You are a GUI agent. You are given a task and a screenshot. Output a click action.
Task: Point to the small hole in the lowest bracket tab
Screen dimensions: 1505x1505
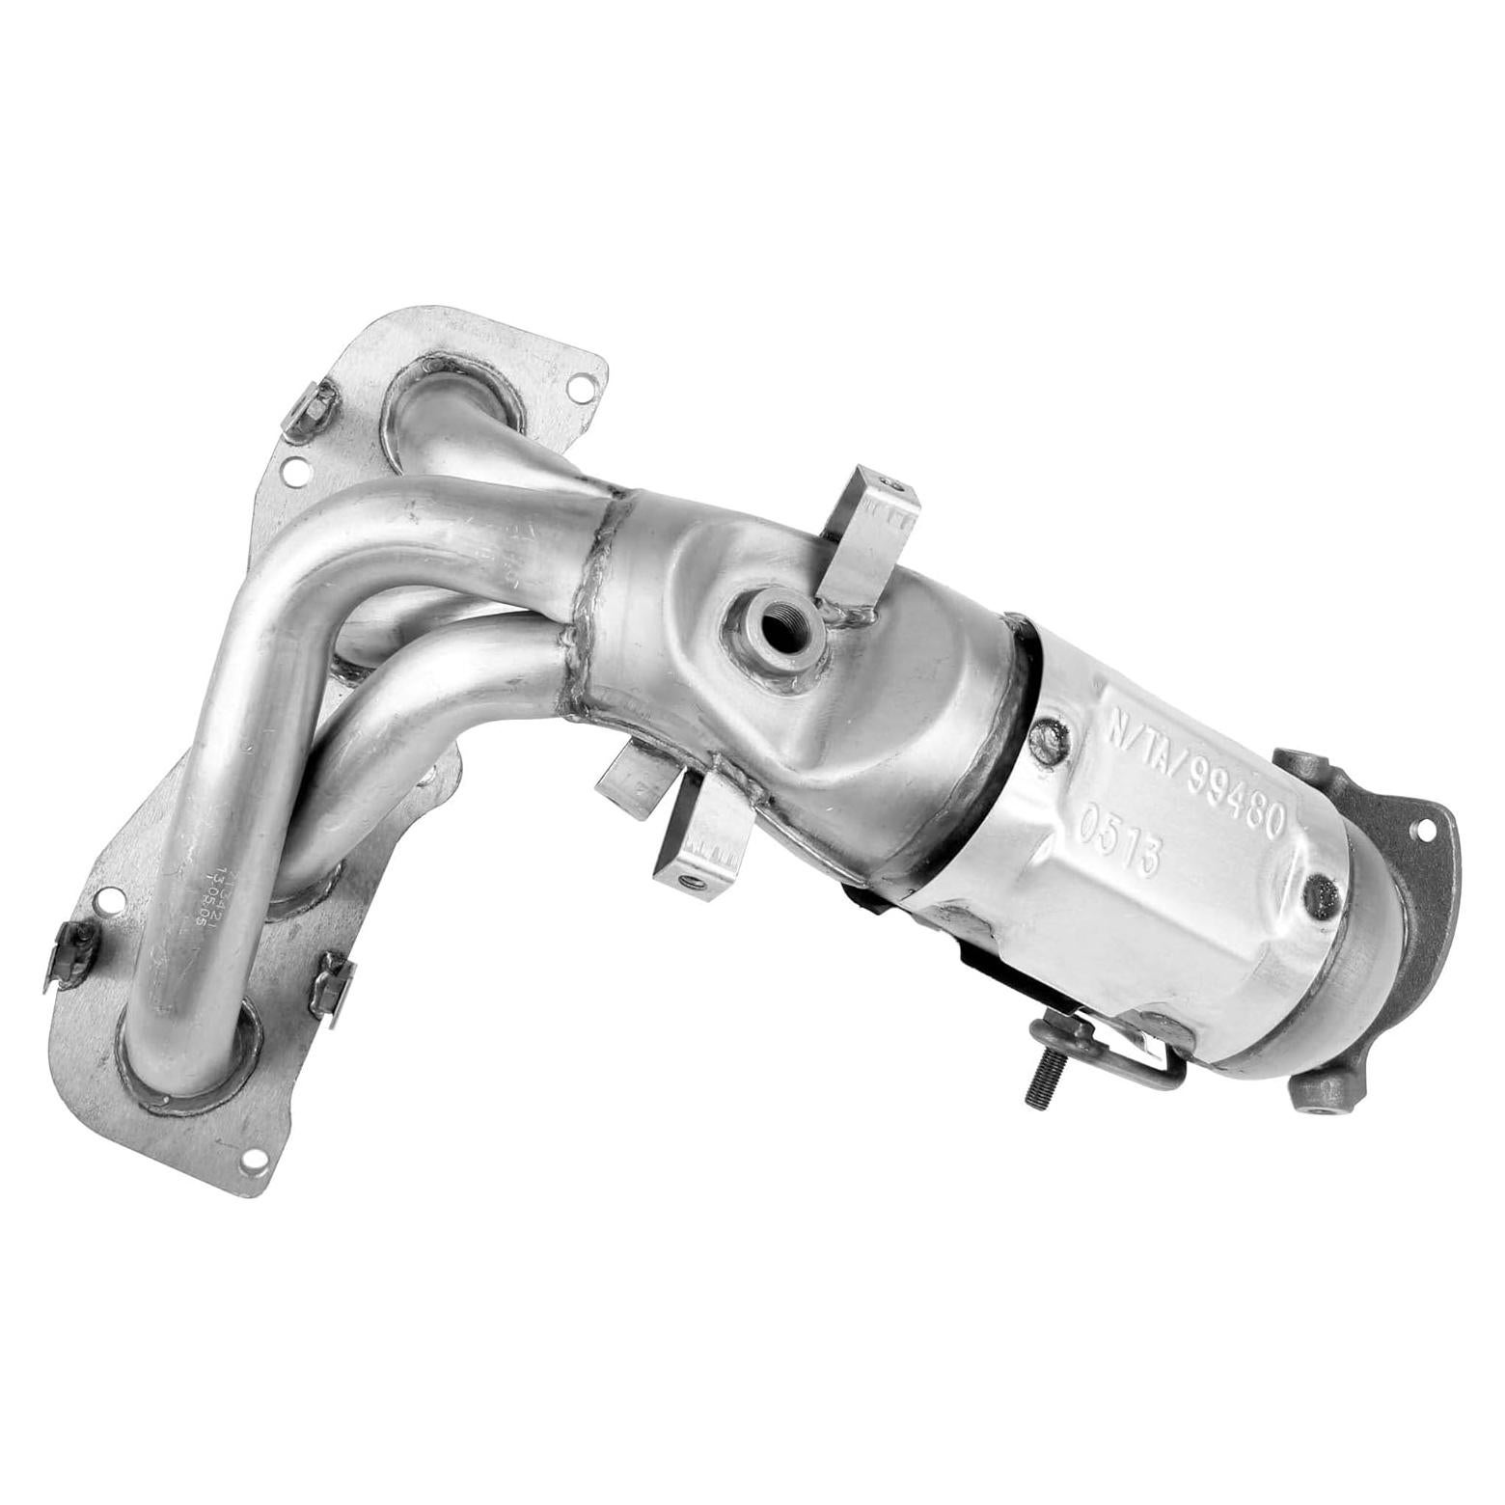click(x=689, y=879)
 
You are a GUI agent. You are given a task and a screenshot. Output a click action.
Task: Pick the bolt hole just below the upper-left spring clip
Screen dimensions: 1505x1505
click(x=294, y=471)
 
